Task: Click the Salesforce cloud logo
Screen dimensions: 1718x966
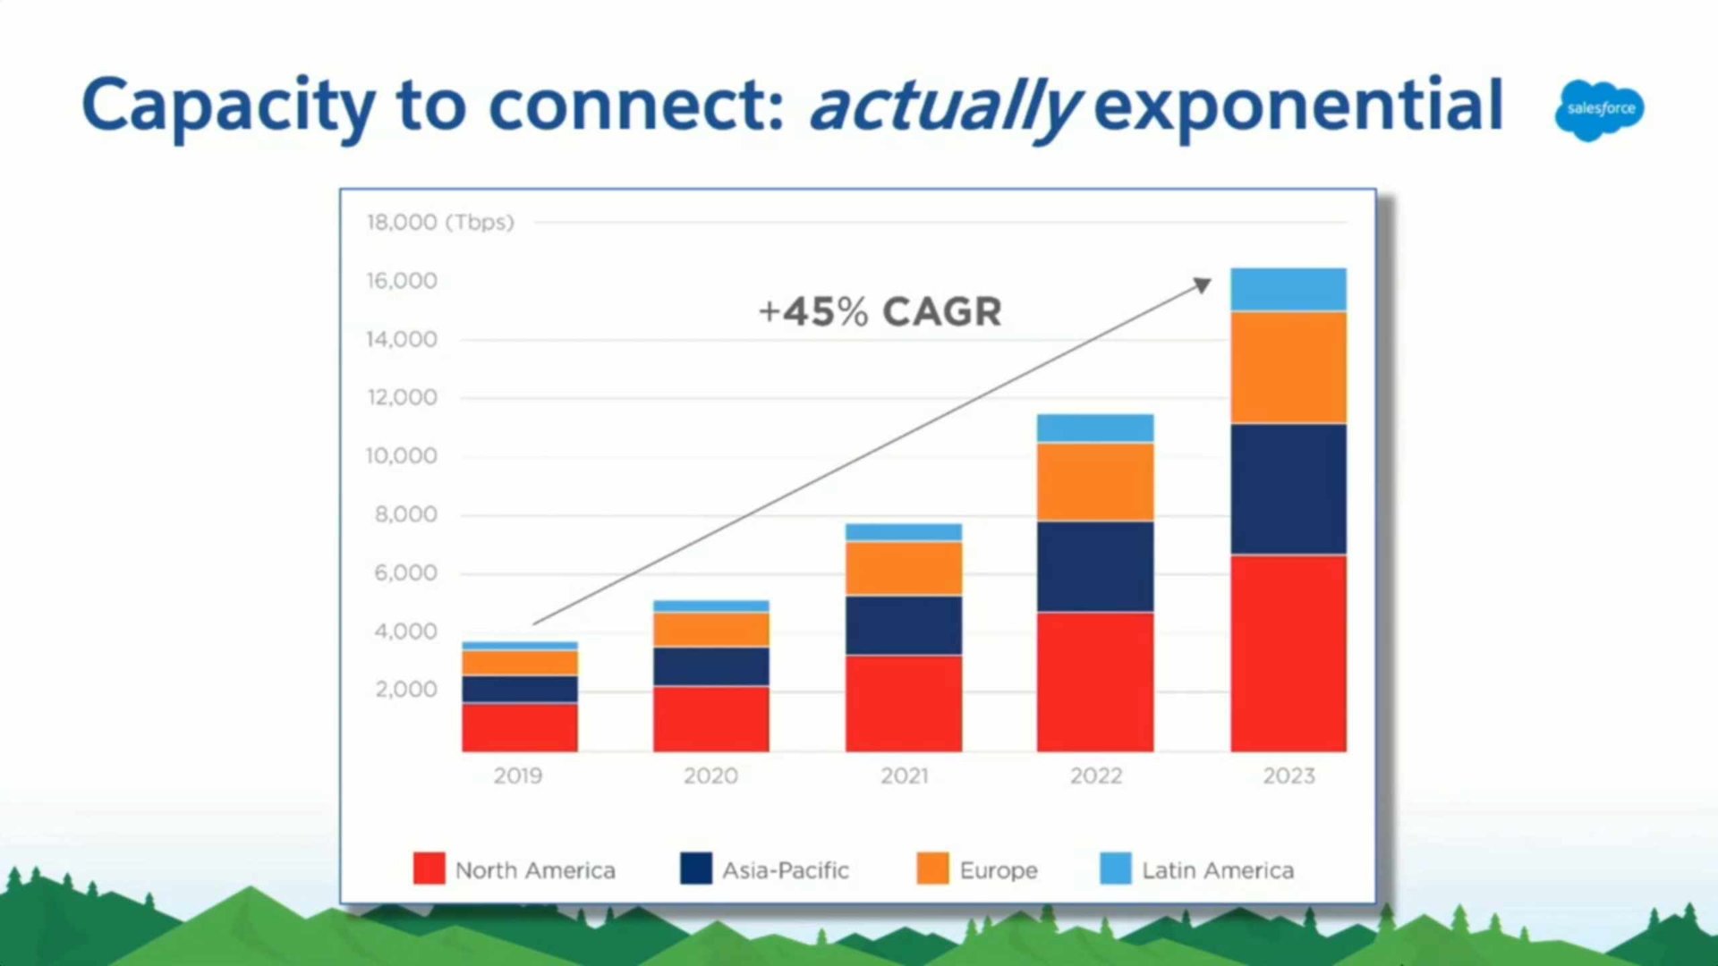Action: point(1599,110)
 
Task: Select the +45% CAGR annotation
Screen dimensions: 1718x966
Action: point(880,311)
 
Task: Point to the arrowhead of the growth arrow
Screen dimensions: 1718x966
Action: point(1203,284)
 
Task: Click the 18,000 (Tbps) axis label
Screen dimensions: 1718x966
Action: point(440,222)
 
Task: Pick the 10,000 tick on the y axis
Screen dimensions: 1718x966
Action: point(402,456)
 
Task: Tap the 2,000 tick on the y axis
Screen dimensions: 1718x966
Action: point(406,690)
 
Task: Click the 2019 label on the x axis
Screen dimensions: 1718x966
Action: point(518,775)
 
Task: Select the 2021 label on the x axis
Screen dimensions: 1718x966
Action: point(904,775)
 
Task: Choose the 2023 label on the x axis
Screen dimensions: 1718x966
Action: point(1288,775)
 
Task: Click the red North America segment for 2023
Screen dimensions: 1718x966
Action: point(1288,654)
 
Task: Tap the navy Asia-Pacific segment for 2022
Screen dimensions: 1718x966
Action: point(1095,567)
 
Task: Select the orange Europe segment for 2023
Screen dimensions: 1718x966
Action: point(1288,368)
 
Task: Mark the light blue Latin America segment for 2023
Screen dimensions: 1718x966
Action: point(1288,290)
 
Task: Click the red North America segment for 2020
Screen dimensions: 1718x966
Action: point(711,719)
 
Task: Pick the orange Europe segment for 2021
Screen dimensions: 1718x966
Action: point(904,569)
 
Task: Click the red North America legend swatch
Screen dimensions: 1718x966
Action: point(429,869)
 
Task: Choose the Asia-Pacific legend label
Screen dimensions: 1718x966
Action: point(786,870)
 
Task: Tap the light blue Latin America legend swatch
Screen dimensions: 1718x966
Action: point(1116,869)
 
